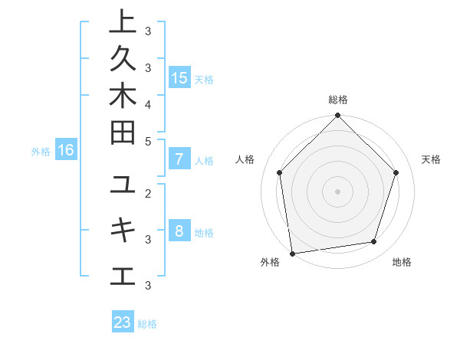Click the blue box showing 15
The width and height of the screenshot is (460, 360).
[x=179, y=77]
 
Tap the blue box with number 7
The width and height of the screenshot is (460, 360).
[x=179, y=159]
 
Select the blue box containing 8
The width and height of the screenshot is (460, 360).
[x=179, y=231]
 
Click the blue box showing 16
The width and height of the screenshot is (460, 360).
[x=66, y=151]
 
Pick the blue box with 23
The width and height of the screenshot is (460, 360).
[x=123, y=322]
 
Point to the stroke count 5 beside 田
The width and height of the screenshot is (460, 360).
[x=148, y=141]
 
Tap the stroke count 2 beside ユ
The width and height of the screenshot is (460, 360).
[x=148, y=193]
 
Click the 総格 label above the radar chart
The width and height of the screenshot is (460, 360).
[x=338, y=100]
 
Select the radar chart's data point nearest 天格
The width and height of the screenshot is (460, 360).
[x=396, y=172]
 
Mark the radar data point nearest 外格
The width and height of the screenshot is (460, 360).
[x=292, y=253]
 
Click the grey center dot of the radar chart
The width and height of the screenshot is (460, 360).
[x=337, y=191]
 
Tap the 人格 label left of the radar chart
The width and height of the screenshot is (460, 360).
[x=245, y=159]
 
